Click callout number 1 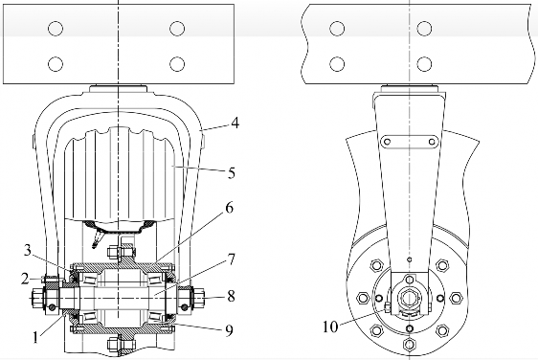[x=35, y=337]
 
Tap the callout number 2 [x=25, y=279]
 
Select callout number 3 [x=28, y=250]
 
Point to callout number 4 [x=235, y=123]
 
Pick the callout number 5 [x=232, y=173]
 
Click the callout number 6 [x=229, y=208]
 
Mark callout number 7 [x=232, y=259]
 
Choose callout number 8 [x=232, y=296]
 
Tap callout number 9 [x=229, y=330]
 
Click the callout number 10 [x=330, y=326]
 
